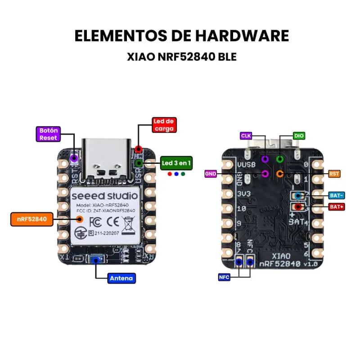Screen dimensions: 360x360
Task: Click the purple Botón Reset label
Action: pyautogui.click(x=48, y=134)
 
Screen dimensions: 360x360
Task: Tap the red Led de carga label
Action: pyautogui.click(x=164, y=125)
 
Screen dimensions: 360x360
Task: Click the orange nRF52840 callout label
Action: pyautogui.click(x=31, y=220)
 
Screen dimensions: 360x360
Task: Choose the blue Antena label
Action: pyautogui.click(x=121, y=278)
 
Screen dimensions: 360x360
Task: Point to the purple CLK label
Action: pyautogui.click(x=246, y=135)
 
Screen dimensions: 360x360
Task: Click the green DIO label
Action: pyautogui.click(x=299, y=135)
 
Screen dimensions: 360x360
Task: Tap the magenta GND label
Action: pyautogui.click(x=211, y=173)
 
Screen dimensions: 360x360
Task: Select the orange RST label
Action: pyautogui.click(x=334, y=173)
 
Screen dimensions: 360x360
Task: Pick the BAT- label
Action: pyautogui.click(x=337, y=195)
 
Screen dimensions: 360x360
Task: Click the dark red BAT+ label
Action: pyautogui.click(x=337, y=207)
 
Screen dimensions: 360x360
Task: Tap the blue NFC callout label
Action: pyautogui.click(x=224, y=277)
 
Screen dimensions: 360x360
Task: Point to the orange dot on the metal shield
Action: pyautogui.click(x=80, y=220)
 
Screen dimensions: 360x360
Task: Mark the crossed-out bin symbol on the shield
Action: pyautogui.click(x=129, y=223)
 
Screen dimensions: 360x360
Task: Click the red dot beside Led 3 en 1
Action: pyautogui.click(x=169, y=174)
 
